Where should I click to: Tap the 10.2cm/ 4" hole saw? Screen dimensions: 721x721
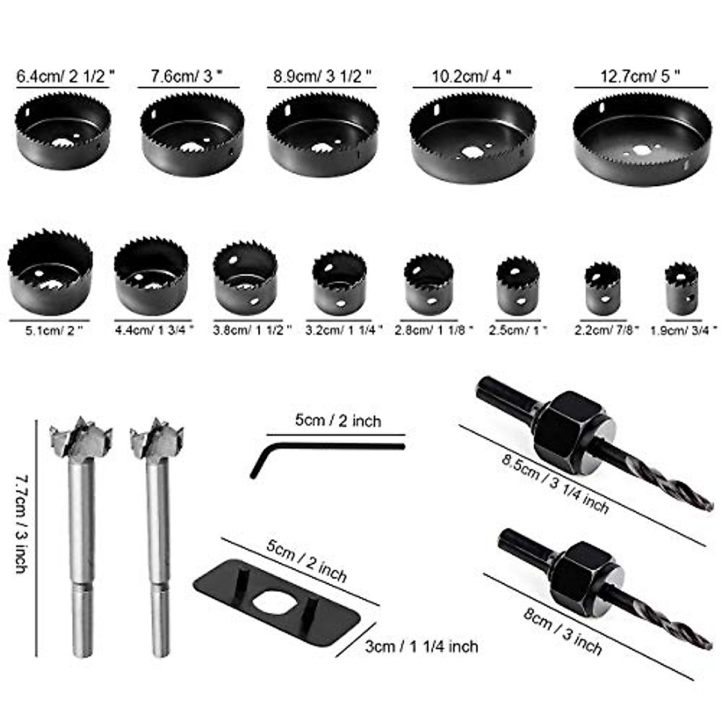[473, 138]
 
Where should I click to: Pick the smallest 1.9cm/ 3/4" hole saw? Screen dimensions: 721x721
[682, 288]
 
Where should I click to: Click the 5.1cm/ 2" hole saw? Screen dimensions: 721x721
[50, 273]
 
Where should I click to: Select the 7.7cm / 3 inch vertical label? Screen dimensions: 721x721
[22, 523]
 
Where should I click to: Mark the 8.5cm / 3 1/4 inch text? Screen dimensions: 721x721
[555, 482]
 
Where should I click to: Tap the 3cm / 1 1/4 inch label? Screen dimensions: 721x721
[421, 646]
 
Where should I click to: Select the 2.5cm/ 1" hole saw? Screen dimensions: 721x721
[518, 285]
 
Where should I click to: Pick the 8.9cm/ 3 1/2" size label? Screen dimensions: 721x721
[323, 76]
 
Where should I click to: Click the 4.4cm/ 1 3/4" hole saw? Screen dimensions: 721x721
[151, 277]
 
